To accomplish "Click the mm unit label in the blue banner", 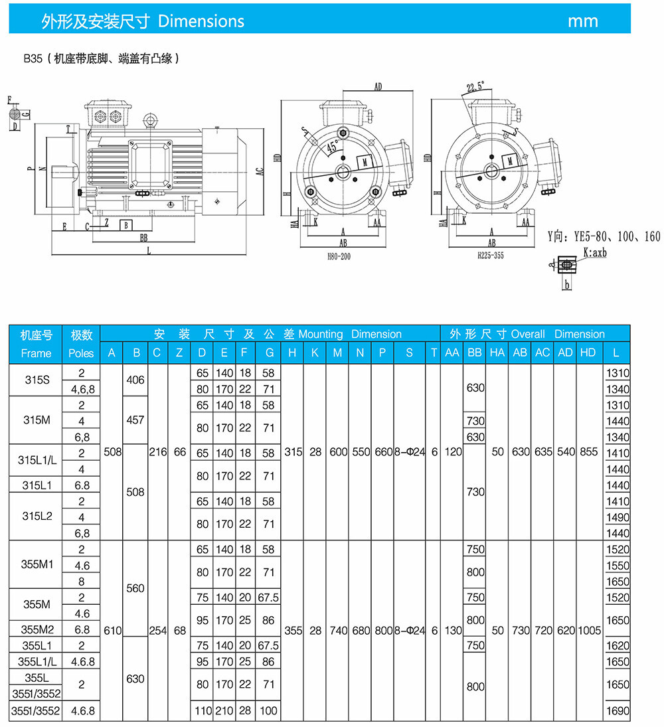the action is coord(583,21).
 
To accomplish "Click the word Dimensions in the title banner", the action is coord(201,21).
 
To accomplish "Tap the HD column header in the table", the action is coord(588,353).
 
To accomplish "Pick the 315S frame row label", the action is coord(37,380).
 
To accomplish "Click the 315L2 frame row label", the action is coord(37,516).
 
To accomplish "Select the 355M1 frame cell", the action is coord(37,564).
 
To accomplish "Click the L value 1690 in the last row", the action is coord(618,711).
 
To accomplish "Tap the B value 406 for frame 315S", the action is coord(135,380).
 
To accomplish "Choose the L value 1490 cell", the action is coord(618,517).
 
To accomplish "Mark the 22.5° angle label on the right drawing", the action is coord(475,87).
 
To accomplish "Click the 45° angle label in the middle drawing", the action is coord(333,147).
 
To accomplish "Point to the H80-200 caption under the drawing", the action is coord(339,256).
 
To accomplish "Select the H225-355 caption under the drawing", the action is coord(491,256).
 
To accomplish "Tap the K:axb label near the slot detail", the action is coord(595,253).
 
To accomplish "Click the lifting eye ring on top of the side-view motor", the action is coord(150,120).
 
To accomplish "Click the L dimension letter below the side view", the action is coord(149,251).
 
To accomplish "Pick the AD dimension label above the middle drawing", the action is coord(378,87).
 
